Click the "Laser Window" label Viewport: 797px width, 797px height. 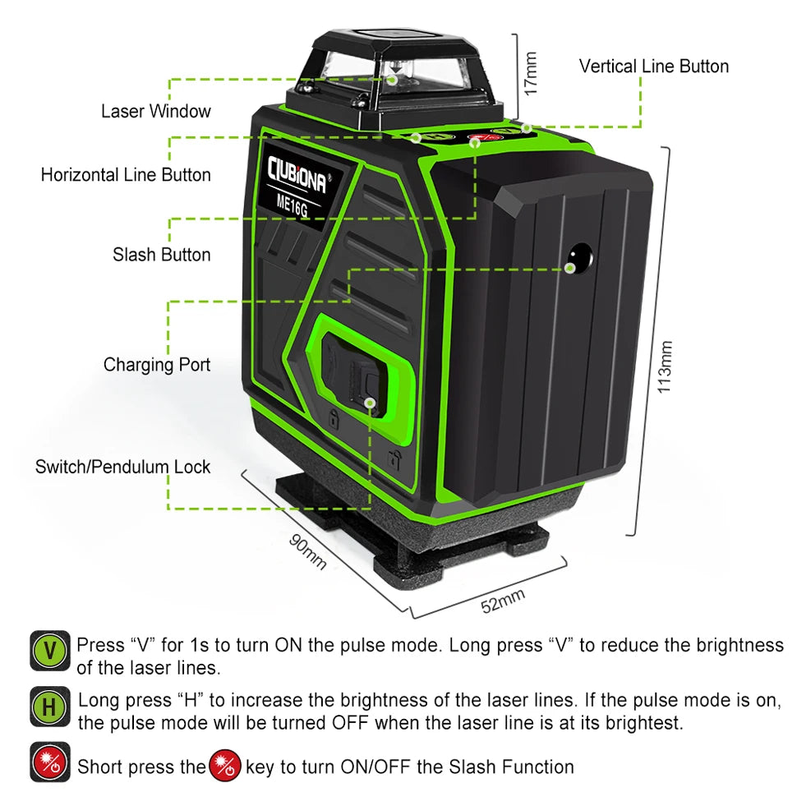tap(155, 111)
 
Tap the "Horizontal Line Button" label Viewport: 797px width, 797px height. tap(126, 175)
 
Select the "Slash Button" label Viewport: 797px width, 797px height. tap(162, 254)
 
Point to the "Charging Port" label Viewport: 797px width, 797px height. tap(157, 365)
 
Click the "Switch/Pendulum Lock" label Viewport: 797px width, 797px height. tap(122, 467)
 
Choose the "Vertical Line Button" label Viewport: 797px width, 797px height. tap(654, 66)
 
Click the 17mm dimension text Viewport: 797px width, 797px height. tap(530, 73)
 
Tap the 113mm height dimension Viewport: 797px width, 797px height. tap(665, 366)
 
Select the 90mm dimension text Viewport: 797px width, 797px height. tap(307, 552)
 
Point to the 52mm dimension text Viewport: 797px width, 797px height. tap(503, 601)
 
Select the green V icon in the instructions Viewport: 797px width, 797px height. tap(50, 651)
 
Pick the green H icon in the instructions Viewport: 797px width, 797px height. tap(50, 707)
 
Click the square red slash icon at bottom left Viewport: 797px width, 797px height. tap(50, 762)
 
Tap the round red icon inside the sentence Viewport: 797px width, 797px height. tap(225, 766)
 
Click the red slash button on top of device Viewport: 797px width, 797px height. tap(478, 137)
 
